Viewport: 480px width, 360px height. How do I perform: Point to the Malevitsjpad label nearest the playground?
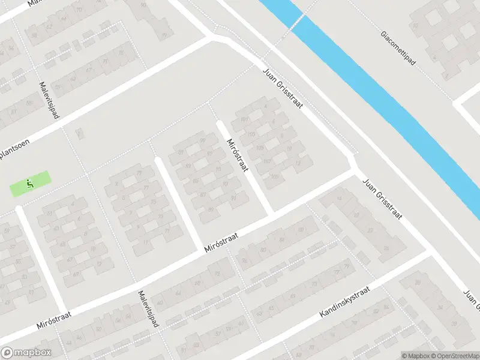coord(49,100)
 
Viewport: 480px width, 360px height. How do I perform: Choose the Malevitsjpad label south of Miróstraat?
coord(148,309)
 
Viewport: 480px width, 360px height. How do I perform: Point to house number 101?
coord(244,119)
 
